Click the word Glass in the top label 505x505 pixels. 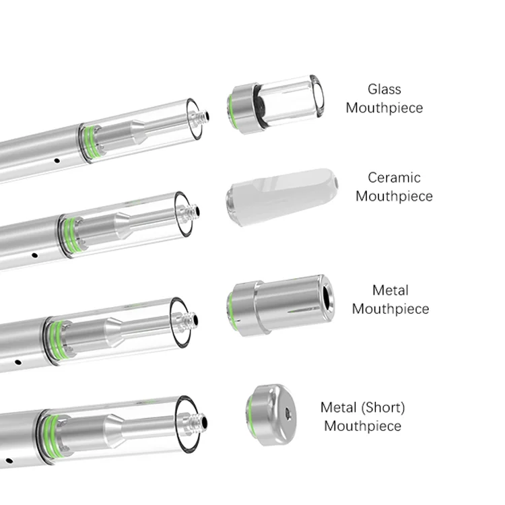click(384, 89)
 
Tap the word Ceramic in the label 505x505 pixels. click(393, 178)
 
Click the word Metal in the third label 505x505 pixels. click(390, 290)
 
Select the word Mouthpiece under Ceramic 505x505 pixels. click(393, 197)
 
